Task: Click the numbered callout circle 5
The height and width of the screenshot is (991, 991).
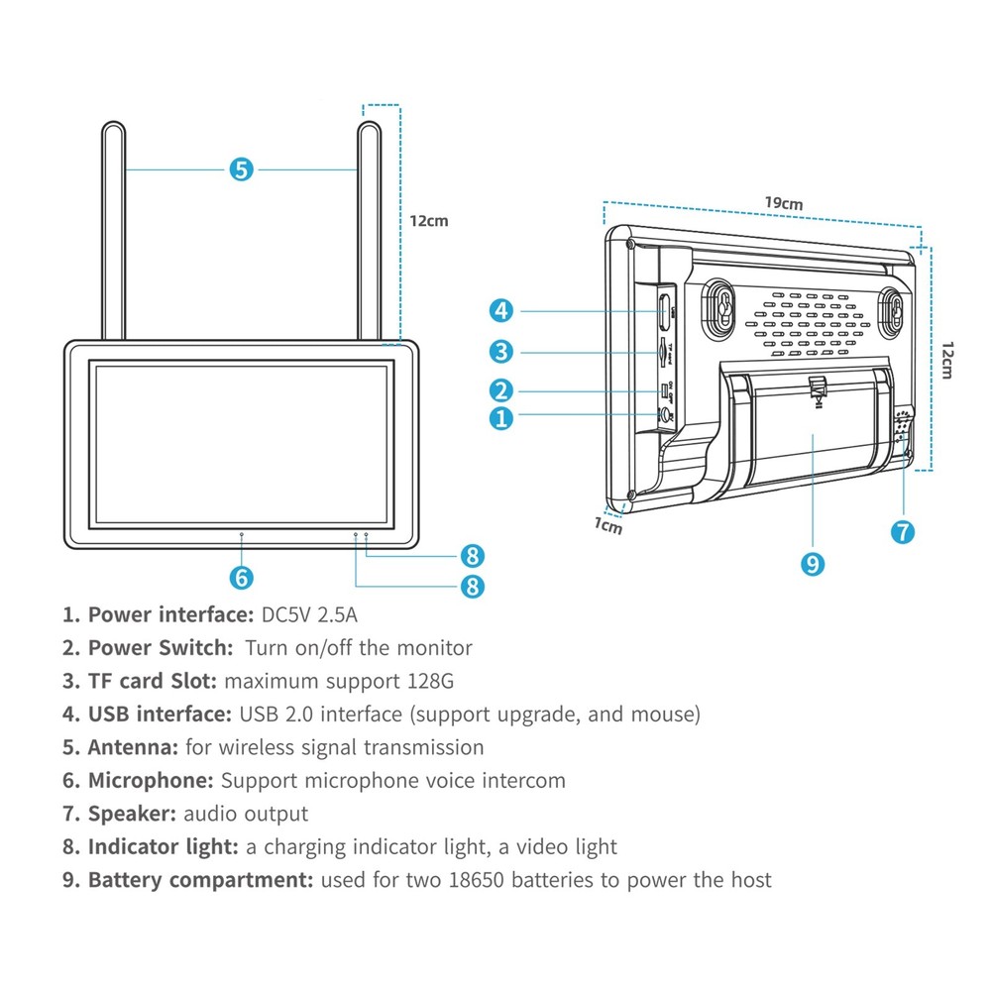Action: (x=241, y=169)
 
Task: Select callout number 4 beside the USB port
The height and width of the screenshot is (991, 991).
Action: (x=501, y=311)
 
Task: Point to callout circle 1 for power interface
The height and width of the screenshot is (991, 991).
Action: (x=501, y=417)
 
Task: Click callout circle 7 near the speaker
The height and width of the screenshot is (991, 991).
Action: (x=902, y=531)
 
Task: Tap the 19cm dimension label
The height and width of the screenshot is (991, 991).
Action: (x=783, y=203)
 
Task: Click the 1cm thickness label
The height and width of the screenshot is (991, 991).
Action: (x=607, y=526)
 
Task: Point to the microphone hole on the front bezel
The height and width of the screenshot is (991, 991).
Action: (x=242, y=534)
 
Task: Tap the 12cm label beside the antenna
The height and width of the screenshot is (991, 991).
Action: (x=429, y=220)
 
